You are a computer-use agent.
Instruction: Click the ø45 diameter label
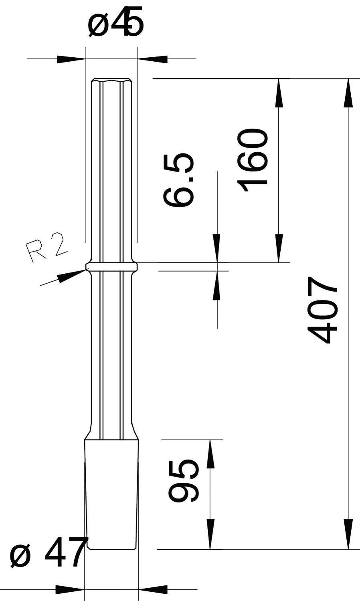115,25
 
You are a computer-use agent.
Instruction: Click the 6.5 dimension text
179,179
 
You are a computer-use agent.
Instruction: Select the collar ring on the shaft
112,266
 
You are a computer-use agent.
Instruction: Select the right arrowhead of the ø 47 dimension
153,589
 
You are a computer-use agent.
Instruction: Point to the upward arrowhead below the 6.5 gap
217,285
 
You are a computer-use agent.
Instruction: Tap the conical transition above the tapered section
112,433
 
